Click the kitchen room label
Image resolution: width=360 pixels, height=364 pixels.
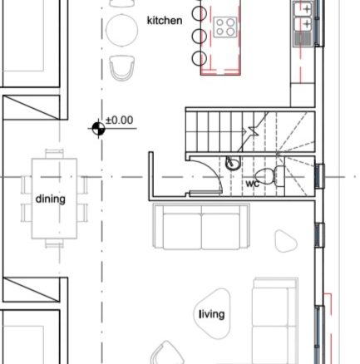(x=165, y=21)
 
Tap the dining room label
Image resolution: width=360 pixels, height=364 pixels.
(x=51, y=199)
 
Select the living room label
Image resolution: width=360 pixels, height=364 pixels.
(x=212, y=314)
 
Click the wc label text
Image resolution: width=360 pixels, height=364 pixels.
(x=253, y=184)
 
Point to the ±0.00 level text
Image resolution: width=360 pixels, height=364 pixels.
(x=120, y=121)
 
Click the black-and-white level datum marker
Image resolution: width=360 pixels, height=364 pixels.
(x=98, y=129)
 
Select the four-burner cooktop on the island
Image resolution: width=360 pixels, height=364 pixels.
(x=225, y=27)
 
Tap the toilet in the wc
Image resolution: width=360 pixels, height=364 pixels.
(x=269, y=176)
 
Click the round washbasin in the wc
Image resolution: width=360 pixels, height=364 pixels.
(x=233, y=163)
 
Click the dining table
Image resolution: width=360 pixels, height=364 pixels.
(x=54, y=199)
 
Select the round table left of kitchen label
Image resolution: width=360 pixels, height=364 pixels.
(x=122, y=30)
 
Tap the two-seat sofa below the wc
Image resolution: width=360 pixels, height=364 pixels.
(x=201, y=227)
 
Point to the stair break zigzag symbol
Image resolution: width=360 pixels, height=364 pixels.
(x=252, y=131)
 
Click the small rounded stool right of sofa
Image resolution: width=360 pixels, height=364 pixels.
(x=286, y=241)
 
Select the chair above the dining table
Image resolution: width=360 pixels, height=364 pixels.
(x=54, y=154)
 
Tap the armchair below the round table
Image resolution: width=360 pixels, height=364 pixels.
(x=122, y=68)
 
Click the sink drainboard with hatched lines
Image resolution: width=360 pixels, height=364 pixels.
(x=304, y=38)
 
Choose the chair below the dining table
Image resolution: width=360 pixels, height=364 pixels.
(x=54, y=243)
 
